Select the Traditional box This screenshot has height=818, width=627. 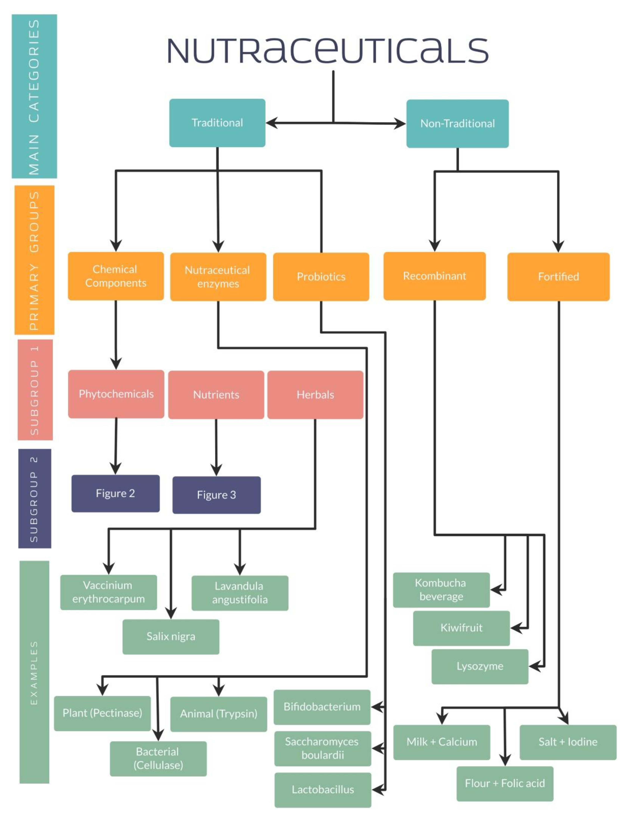[x=217, y=123]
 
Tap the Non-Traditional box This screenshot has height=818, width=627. [x=457, y=123]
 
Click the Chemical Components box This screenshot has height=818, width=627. [x=116, y=276]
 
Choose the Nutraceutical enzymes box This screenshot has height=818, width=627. [x=218, y=277]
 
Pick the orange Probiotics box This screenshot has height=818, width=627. [x=321, y=277]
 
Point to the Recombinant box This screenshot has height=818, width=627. [x=434, y=276]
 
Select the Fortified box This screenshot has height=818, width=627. [x=558, y=277]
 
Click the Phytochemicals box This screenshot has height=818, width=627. [x=116, y=394]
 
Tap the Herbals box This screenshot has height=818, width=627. [x=315, y=395]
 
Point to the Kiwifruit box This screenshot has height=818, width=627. [x=461, y=628]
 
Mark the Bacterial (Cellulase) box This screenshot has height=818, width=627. [x=158, y=758]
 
